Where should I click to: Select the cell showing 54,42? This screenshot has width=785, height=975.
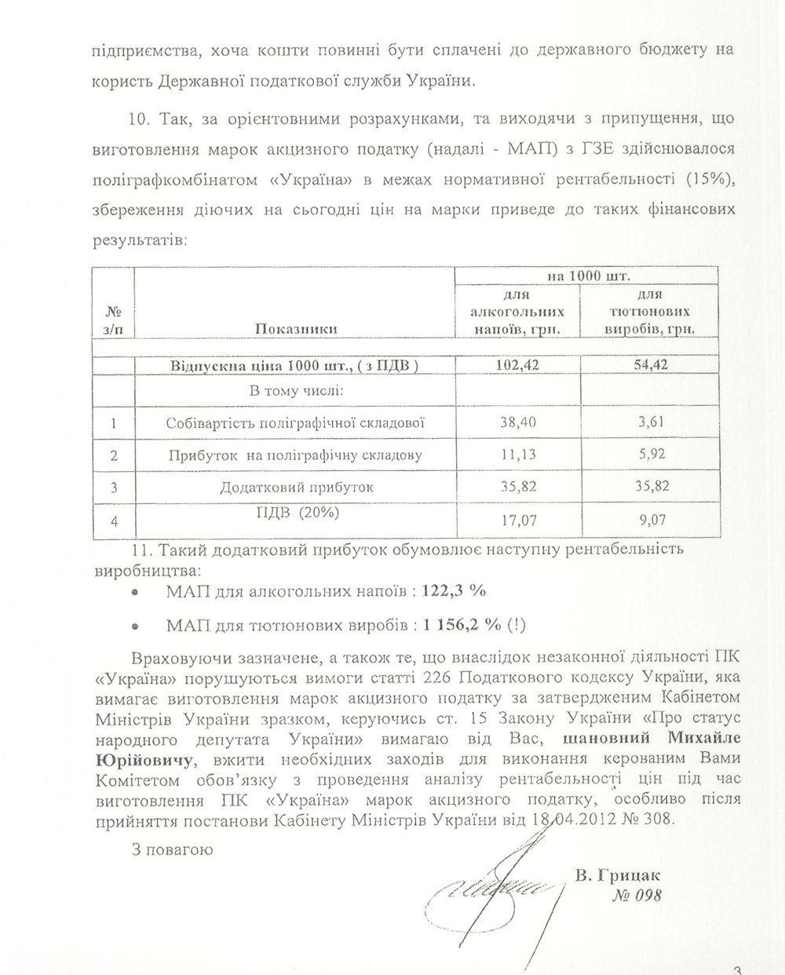point(649,364)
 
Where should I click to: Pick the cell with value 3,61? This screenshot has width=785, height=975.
point(651,422)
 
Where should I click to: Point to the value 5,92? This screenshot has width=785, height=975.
point(651,455)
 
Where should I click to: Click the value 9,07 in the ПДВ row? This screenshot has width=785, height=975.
point(651,519)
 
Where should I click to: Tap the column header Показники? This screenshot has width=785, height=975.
point(295,329)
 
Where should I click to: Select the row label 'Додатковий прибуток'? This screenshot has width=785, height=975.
point(295,487)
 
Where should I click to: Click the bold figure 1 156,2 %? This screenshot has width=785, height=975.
point(462,626)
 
